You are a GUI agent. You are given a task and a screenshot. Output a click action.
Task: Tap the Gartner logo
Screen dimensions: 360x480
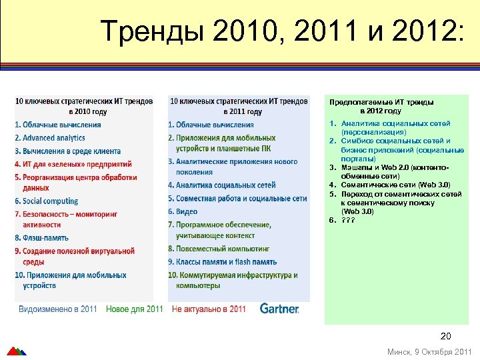pos(279,309)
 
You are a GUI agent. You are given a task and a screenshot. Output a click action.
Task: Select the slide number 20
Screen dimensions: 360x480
pos(446,336)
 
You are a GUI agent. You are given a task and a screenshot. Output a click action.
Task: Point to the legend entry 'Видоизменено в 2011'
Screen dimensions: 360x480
pos(58,309)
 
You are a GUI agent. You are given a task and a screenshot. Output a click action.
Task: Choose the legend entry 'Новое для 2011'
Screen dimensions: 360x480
pos(135,309)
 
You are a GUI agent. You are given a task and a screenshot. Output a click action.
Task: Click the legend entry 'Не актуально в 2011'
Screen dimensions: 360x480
pos(209,309)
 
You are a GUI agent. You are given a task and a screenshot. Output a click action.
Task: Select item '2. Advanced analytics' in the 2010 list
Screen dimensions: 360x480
pos(50,138)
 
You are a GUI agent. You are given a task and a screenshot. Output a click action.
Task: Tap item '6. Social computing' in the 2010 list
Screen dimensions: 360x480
pos(46,201)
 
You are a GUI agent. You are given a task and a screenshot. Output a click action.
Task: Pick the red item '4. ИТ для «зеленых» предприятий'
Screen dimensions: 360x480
pos(73,164)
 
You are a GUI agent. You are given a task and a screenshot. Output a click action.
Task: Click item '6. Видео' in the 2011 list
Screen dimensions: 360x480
pos(183,211)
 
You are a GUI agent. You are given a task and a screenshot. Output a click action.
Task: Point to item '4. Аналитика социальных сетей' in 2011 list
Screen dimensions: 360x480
pos(221,185)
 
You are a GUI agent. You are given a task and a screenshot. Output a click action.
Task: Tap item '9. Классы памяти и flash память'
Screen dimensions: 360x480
pos(222,262)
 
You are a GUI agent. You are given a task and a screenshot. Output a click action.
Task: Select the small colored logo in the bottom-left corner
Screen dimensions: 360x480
pos(16,351)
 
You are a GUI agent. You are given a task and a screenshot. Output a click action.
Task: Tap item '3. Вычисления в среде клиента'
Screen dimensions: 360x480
pos(67,151)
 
